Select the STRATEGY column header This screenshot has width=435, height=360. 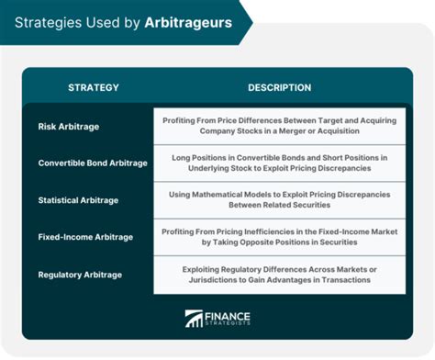[93, 87]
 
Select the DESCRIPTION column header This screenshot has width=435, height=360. [279, 87]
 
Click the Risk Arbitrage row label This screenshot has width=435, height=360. [71, 126]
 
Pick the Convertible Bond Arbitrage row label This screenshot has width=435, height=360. [93, 163]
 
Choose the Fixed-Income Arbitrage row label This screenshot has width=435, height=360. [85, 237]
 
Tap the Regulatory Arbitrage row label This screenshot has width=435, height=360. [80, 274]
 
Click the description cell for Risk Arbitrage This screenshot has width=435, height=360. [279, 126]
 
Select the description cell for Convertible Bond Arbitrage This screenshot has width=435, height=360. [279, 163]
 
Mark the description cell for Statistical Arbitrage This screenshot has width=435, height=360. [279, 199]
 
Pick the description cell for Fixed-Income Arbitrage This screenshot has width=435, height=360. [279, 237]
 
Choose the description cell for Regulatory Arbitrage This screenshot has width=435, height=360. [279, 274]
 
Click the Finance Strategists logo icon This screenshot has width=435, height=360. [195, 319]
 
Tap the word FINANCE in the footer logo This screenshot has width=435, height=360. [229, 314]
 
